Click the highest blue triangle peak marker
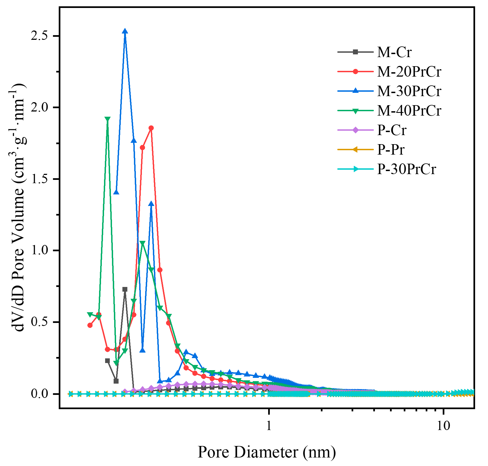[x=125, y=31]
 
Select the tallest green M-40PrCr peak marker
[x=108, y=119]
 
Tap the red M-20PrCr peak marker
[x=151, y=128]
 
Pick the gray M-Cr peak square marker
[x=125, y=289]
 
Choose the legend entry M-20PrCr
[x=409, y=72]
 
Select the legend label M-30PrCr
[x=409, y=91]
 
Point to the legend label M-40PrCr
[x=409, y=111]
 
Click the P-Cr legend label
[x=391, y=130]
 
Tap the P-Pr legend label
[x=391, y=150]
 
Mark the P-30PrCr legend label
[x=406, y=169]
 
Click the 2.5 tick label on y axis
[x=39, y=36]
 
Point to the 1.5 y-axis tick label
[x=39, y=179]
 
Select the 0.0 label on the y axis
[x=39, y=394]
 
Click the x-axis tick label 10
[x=443, y=426]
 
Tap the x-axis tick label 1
[x=269, y=426]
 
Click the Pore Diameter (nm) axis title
[x=267, y=452]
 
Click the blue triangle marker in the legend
[x=355, y=91]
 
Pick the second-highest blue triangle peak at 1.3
[x=151, y=204]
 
